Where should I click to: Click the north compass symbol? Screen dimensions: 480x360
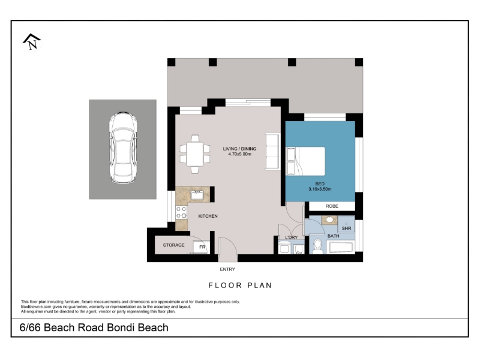tap(32, 41)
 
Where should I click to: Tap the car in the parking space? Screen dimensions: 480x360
tap(123, 148)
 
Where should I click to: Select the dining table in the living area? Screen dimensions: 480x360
tap(195, 154)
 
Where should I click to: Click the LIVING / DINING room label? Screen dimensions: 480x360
tap(239, 149)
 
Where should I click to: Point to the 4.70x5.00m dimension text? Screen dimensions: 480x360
tap(239, 154)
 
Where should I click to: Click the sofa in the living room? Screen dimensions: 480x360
tap(272, 151)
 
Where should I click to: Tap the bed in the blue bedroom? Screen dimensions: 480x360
tap(305, 161)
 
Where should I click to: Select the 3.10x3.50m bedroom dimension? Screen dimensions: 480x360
tap(320, 189)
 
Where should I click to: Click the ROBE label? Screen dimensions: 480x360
tap(332, 206)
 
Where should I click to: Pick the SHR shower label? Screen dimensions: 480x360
tap(347, 229)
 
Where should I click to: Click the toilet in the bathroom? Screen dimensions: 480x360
tap(318, 247)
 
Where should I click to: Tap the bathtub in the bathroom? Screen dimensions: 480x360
tap(341, 247)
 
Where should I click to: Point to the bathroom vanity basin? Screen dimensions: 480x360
tap(329, 220)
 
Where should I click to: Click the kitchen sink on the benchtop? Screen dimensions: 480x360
tap(197, 194)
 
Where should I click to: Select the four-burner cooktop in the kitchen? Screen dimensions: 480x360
tap(181, 212)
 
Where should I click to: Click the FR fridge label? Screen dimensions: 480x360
tap(202, 247)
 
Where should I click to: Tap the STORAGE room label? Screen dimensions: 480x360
tap(173, 245)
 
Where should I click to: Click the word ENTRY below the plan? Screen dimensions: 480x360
tap(227, 269)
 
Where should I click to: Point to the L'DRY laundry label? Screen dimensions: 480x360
tap(291, 237)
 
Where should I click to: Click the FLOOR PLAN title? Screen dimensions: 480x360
tap(241, 286)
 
